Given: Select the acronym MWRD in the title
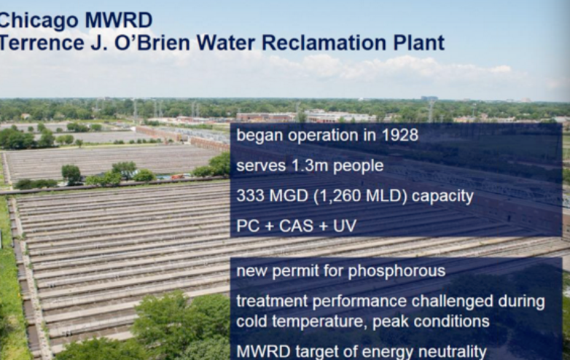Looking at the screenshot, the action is [x=119, y=20].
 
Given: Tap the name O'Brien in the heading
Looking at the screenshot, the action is [x=152, y=43].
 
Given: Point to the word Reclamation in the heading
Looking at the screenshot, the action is [x=324, y=43].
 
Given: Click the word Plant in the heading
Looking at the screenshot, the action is [x=419, y=43].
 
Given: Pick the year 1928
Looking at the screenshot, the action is [x=400, y=135].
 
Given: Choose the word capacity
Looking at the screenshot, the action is [x=442, y=197].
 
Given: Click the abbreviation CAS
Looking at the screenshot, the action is [x=296, y=226].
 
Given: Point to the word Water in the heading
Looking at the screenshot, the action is [x=226, y=43].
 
